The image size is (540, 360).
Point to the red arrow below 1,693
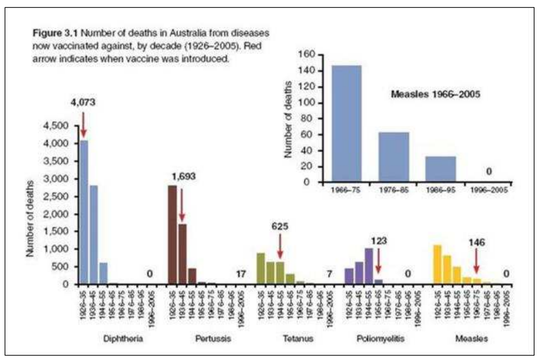182,205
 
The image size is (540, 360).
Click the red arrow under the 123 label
378,260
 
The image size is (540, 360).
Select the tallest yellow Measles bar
437,264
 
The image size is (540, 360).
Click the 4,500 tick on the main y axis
60,126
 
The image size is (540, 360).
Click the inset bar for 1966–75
346,124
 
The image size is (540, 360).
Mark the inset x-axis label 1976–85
393,191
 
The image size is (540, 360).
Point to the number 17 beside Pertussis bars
241,274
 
